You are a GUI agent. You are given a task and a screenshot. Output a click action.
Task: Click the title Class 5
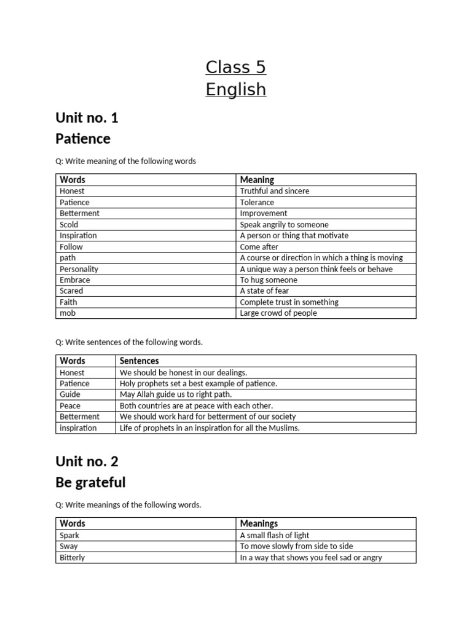coord(235,66)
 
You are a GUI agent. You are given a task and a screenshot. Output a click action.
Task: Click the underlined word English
coord(235,90)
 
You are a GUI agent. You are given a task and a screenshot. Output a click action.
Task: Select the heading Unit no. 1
coord(87,117)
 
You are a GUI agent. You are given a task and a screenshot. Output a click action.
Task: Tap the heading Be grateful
coord(90,482)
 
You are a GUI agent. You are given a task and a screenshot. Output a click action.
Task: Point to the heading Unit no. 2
coord(87,461)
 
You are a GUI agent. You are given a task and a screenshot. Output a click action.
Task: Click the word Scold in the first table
coord(69,224)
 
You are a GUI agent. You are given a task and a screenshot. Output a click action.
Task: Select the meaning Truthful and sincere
coord(275,191)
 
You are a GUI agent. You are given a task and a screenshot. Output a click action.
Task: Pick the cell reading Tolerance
coord(257,202)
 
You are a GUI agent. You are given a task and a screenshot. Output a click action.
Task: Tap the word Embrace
coord(74,279)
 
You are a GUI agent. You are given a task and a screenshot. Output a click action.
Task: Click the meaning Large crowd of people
coord(278,313)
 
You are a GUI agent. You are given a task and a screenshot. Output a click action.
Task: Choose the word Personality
coord(79,268)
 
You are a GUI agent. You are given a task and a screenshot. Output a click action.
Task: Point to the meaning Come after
coord(259,246)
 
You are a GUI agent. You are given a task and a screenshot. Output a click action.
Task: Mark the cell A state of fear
coord(264,291)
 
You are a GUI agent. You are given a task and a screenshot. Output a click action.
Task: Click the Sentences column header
coord(139,361)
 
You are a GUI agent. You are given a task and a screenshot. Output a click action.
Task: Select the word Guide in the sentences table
coord(70,394)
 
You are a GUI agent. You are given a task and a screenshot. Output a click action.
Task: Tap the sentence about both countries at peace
coord(196,405)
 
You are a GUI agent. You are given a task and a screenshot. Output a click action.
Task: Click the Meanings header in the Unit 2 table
coord(259,523)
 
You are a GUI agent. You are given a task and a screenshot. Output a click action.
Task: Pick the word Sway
coord(69,546)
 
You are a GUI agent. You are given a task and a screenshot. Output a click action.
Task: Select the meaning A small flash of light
coord(275,535)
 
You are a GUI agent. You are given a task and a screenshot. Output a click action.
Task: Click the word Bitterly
coord(72,557)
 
